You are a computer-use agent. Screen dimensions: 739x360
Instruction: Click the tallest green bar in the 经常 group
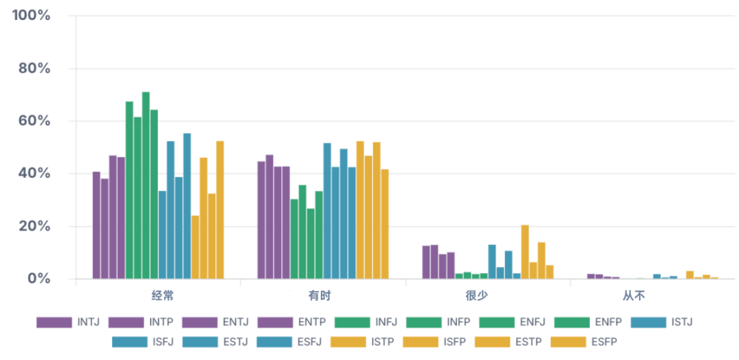click(146, 185)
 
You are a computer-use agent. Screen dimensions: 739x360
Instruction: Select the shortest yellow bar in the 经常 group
click(195, 247)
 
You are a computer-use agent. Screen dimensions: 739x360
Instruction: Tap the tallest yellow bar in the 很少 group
click(525, 252)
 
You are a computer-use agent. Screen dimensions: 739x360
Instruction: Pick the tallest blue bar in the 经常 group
click(187, 206)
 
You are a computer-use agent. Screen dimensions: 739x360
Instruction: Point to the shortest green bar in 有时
click(311, 243)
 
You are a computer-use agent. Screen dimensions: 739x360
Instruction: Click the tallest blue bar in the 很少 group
click(492, 261)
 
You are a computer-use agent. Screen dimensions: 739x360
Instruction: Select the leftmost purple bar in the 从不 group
click(591, 276)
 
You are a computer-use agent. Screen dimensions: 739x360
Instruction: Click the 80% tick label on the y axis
click(34, 69)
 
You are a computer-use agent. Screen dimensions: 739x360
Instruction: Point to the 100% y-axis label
click(31, 16)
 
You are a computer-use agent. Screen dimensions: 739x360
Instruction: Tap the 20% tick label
click(34, 226)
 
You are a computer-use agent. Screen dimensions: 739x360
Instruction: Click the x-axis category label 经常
click(163, 296)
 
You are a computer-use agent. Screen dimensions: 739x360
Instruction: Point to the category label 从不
click(634, 296)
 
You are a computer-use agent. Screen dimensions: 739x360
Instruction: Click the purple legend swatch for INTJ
click(54, 322)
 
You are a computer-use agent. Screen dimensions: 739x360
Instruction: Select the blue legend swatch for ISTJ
click(649, 322)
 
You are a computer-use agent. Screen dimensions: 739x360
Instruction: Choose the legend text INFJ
click(387, 322)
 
